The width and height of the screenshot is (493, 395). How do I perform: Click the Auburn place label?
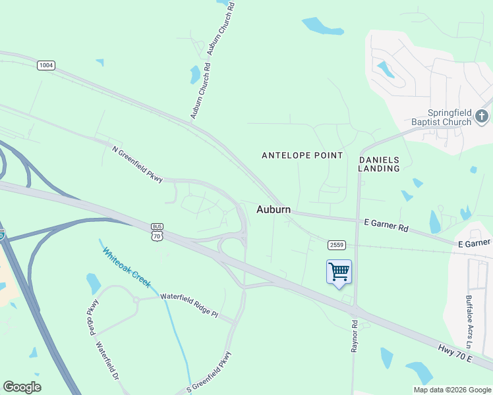273,209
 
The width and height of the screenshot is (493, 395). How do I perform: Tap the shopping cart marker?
339,272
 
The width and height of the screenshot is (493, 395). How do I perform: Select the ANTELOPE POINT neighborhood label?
303,155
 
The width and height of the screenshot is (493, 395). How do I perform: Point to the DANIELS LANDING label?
379,164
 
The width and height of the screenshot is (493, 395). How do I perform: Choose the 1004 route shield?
46,65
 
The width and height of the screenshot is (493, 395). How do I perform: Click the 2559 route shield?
336,245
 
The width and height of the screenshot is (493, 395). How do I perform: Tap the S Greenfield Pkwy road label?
210,373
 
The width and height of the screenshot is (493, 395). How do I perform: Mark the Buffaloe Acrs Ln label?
469,321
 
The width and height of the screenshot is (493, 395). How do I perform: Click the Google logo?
22,387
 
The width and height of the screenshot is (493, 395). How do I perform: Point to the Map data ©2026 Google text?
451,390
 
